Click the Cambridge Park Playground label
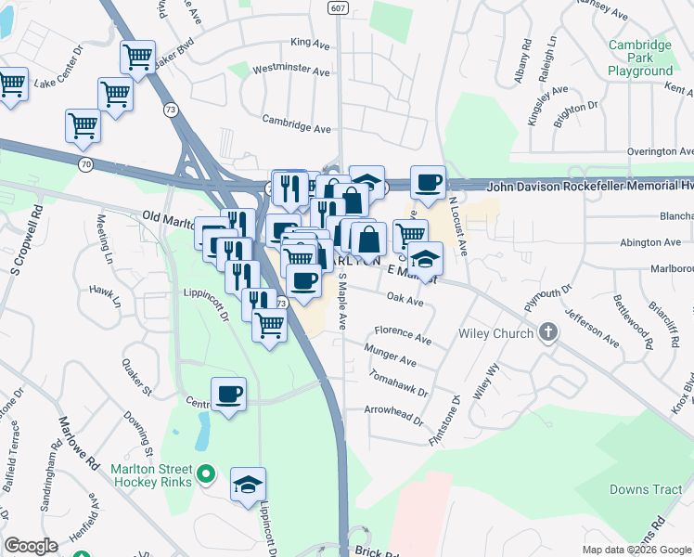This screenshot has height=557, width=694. pos(640,58)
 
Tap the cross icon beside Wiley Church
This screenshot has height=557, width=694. pos(549,333)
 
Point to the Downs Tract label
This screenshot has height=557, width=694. pos(639,489)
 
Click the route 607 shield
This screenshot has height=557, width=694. pos(338,7)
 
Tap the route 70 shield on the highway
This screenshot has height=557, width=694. pos(85,164)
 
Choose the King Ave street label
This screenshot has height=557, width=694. pos(310,42)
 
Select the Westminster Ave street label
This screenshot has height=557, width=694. pos(291,70)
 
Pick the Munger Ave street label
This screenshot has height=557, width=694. pos(391,357)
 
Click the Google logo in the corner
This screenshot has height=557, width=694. pos(31,546)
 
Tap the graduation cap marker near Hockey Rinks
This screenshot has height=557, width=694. pos(248,484)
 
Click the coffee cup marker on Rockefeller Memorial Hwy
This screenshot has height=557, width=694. pos(428,182)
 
